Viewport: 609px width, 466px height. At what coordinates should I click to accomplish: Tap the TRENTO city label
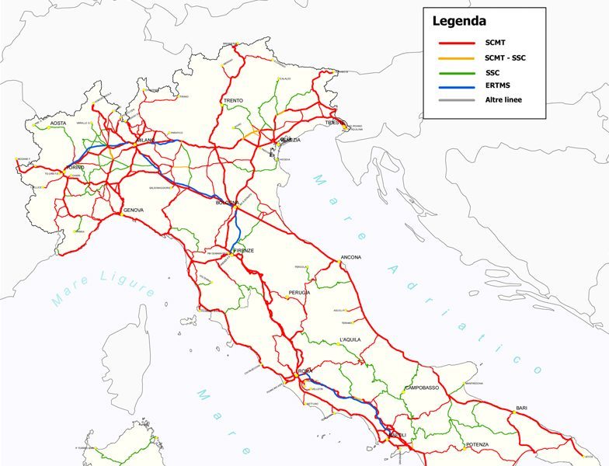click(x=233, y=101)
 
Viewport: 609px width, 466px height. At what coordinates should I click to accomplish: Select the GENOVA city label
click(x=133, y=210)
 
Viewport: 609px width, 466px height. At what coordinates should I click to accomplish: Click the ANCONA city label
click(x=351, y=258)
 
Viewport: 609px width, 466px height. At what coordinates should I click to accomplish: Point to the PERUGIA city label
click(x=299, y=292)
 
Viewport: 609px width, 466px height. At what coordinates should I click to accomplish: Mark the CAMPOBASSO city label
click(x=422, y=388)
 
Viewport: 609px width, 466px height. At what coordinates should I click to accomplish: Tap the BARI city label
click(x=521, y=408)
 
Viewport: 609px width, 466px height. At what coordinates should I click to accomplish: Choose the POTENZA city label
click(x=478, y=444)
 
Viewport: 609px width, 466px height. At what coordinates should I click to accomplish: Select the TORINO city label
click(x=75, y=168)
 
